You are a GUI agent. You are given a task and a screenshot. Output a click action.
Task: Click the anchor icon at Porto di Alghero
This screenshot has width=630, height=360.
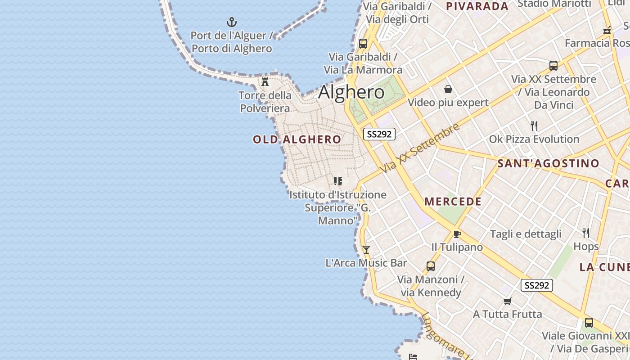[231, 22]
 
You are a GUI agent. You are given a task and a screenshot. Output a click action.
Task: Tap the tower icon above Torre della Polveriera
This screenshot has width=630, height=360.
[265, 82]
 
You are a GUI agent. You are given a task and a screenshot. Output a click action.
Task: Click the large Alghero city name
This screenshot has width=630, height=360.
[351, 92]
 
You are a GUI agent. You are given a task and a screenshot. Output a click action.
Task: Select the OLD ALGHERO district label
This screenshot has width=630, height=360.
[297, 139]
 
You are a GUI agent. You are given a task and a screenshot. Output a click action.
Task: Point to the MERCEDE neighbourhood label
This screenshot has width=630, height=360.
[453, 202]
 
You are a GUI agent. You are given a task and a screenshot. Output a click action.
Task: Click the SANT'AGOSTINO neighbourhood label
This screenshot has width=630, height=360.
[548, 163]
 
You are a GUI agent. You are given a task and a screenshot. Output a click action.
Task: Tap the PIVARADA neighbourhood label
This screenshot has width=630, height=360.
[477, 6]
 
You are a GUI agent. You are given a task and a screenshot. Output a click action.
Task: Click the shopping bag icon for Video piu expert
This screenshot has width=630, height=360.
[448, 89]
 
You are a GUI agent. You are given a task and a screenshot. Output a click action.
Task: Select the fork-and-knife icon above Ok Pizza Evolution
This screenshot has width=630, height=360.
[534, 126]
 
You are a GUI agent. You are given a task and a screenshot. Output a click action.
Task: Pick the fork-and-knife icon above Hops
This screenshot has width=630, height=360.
[586, 233]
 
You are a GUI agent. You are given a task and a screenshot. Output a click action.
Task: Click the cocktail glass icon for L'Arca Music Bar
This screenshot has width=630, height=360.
[366, 249]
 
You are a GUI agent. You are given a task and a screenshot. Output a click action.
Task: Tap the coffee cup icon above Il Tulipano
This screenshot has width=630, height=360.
[457, 234]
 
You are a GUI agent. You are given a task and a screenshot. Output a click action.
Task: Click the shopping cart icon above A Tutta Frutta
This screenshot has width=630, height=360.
[508, 301]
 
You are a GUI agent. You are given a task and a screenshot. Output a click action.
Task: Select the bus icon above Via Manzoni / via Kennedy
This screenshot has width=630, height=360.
[431, 266]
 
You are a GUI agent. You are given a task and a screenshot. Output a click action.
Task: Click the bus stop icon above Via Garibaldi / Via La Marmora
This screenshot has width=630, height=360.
[363, 44]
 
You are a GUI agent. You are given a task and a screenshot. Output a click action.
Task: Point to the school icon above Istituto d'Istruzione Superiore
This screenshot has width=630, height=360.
[337, 181]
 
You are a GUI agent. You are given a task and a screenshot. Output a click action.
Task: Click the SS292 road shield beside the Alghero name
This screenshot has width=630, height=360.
[379, 134]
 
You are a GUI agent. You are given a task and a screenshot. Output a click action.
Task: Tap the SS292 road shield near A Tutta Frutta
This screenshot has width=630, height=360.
[536, 285]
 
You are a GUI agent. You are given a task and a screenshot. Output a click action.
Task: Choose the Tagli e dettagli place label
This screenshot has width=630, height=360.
[526, 234]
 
